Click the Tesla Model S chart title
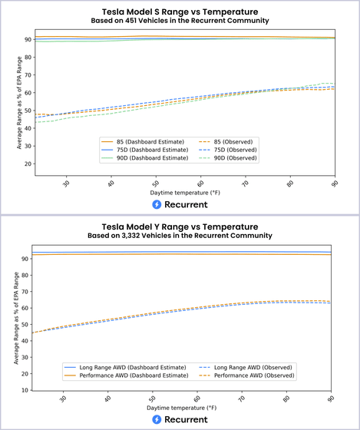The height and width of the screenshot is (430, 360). (180, 12)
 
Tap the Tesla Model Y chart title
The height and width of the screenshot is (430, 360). (180, 227)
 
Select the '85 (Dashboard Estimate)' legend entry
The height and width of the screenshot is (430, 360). (143, 142)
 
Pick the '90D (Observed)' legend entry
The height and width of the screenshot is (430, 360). (228, 158)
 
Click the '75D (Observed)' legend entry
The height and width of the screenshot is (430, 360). (228, 150)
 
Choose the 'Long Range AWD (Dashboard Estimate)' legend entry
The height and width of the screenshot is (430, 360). (125, 368)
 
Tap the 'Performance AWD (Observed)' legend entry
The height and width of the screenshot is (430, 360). (246, 375)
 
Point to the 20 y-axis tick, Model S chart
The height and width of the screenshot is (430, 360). (30, 164)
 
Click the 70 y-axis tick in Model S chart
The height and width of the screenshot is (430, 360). (30, 75)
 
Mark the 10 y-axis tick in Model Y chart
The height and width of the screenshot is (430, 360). (26, 390)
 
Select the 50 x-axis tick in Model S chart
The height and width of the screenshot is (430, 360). (156, 184)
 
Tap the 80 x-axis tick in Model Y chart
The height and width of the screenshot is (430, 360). (286, 399)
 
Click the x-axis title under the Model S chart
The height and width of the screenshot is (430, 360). (185, 193)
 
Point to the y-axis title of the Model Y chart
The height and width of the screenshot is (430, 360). (16, 318)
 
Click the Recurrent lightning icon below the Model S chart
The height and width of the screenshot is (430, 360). (157, 204)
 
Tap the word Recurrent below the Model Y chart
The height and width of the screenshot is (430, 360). (186, 419)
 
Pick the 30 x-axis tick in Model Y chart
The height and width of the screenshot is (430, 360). (63, 399)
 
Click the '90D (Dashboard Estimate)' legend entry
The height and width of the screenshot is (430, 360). (145, 158)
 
